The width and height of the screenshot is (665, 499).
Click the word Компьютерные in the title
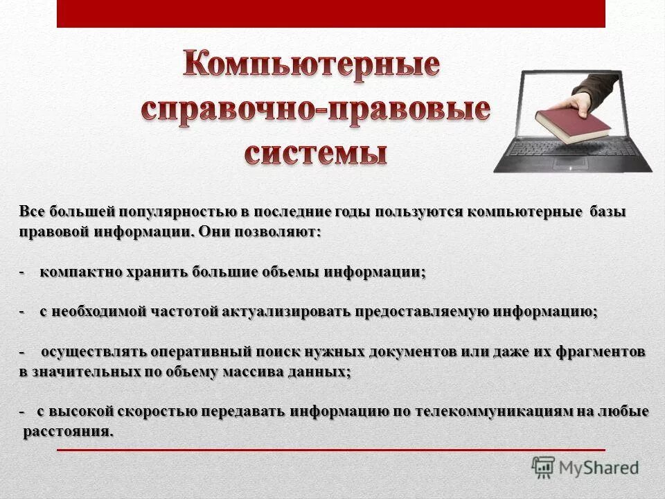(311, 65)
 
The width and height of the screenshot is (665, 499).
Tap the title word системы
(315, 150)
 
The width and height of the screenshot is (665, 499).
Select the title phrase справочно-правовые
(317, 109)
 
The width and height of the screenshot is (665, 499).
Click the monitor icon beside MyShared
(543, 468)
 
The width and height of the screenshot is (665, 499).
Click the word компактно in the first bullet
(80, 272)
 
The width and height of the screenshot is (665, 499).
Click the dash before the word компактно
(23, 272)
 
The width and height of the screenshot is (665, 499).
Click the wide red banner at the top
(330, 14)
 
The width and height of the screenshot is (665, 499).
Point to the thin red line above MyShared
(330, 450)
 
